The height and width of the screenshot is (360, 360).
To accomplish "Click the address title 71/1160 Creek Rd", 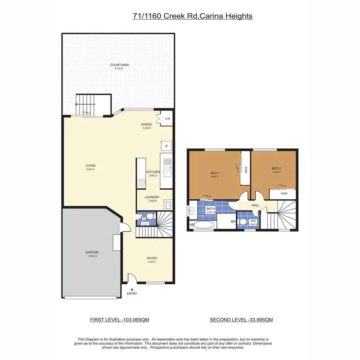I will (x=192, y=16).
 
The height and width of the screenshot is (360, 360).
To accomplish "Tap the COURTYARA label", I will (x=119, y=65).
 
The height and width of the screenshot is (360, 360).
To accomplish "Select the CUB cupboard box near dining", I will (x=167, y=119).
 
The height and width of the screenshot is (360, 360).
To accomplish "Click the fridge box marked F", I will (x=166, y=146).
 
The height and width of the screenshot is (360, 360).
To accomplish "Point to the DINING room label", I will (x=147, y=124).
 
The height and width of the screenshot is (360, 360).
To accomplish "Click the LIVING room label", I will (x=90, y=166).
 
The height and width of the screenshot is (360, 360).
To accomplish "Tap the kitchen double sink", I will (x=167, y=168).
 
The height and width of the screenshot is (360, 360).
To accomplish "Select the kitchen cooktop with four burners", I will (x=141, y=183).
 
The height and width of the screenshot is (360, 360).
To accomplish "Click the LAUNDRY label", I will (x=152, y=197).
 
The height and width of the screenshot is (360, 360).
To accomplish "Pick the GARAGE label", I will (x=92, y=252).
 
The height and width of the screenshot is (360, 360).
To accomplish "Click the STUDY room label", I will (x=152, y=258).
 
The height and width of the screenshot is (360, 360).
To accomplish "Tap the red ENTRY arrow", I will (x=132, y=289).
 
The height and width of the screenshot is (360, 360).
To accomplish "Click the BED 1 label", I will (x=215, y=173).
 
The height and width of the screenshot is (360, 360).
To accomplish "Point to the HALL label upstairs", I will (x=255, y=205).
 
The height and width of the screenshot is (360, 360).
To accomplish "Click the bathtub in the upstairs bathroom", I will (x=202, y=225).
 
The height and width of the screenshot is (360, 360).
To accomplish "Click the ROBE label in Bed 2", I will (x=284, y=193).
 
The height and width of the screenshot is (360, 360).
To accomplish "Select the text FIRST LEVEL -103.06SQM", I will (x=119, y=320).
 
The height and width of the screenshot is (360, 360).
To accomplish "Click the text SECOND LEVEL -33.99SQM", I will (x=241, y=320).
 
